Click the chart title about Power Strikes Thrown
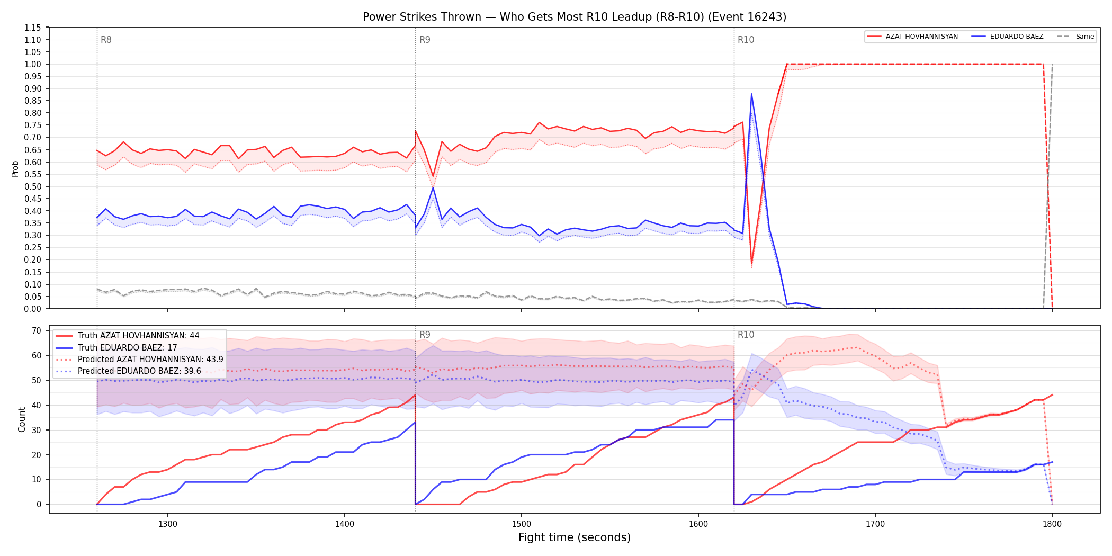(575, 17)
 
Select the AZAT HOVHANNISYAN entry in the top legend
(912, 37)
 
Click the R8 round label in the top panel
(106, 40)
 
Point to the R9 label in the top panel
(425, 40)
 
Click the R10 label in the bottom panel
(746, 335)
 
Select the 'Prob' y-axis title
(15, 168)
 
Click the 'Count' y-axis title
(22, 419)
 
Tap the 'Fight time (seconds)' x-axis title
(575, 537)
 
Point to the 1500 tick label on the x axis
(522, 524)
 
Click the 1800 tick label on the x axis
(1052, 524)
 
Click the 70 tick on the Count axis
(37, 330)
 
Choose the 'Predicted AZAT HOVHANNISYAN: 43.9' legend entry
(139, 359)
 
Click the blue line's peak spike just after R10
(751, 94)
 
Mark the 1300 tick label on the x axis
(168, 524)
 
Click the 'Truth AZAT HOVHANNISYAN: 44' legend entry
(128, 336)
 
